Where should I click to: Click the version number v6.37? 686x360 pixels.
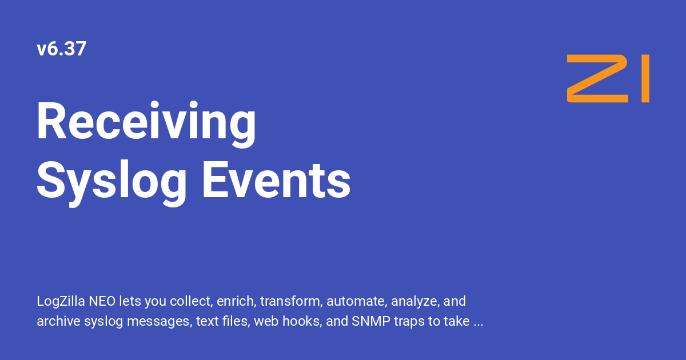point(61,49)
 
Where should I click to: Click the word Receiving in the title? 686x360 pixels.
point(146,123)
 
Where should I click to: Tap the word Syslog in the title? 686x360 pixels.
point(111,182)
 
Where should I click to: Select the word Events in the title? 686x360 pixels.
point(277,181)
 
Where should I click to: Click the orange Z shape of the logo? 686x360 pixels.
point(597,78)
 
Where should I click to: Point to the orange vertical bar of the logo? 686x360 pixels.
point(645,78)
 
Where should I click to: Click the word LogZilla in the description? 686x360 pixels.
point(61,302)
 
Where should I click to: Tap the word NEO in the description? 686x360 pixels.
point(102,301)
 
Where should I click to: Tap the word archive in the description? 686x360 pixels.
point(58,321)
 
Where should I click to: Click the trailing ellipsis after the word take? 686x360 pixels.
point(478,325)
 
